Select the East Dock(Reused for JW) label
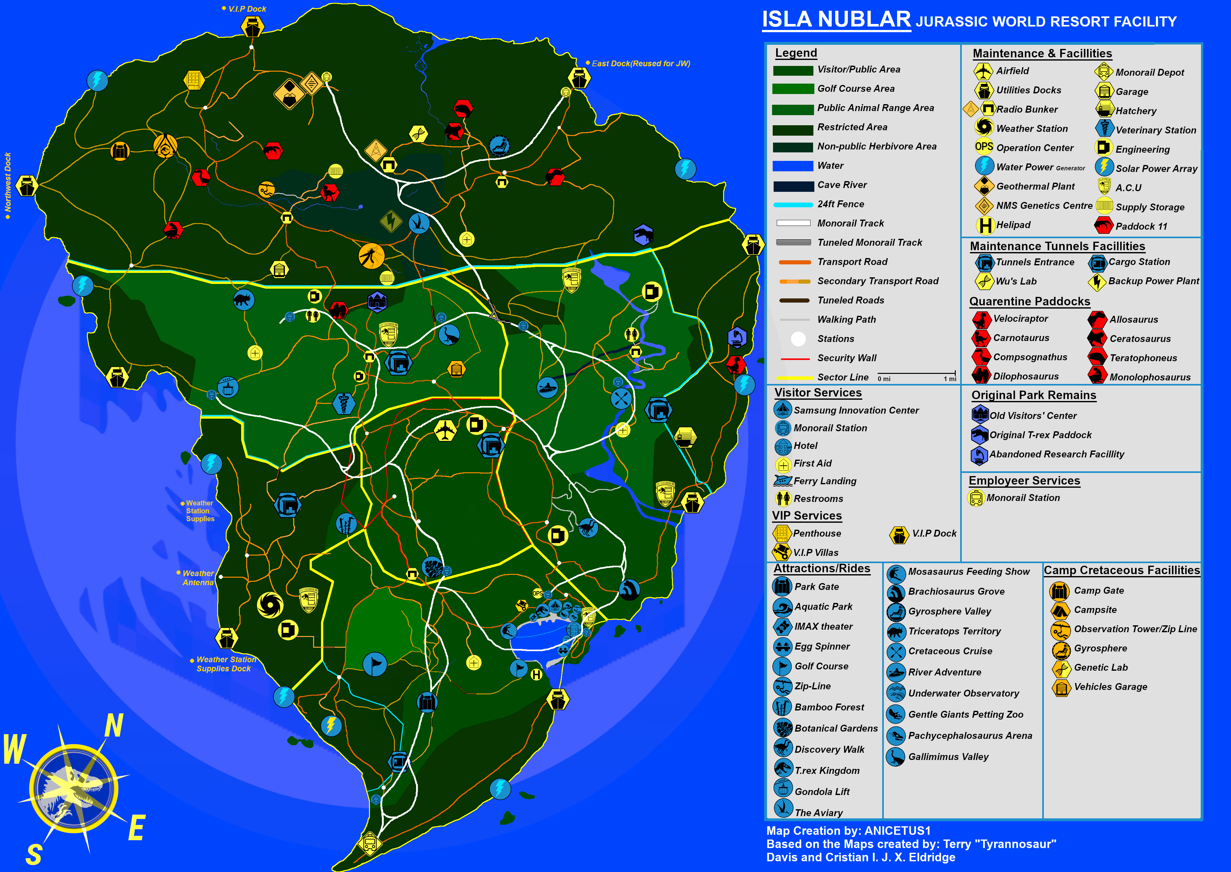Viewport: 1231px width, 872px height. click(x=640, y=63)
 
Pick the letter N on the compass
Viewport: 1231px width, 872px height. click(x=114, y=726)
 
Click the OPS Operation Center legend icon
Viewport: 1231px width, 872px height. click(x=984, y=147)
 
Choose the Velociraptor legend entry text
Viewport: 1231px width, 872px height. click(x=1020, y=318)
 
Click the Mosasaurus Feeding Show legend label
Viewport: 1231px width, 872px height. click(x=968, y=571)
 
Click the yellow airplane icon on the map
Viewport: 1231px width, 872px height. click(x=445, y=430)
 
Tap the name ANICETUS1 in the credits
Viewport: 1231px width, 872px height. click(x=897, y=831)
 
